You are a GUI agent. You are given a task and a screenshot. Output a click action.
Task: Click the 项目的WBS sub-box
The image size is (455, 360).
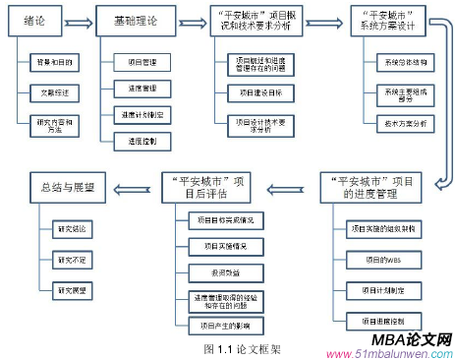pos(375,259)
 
